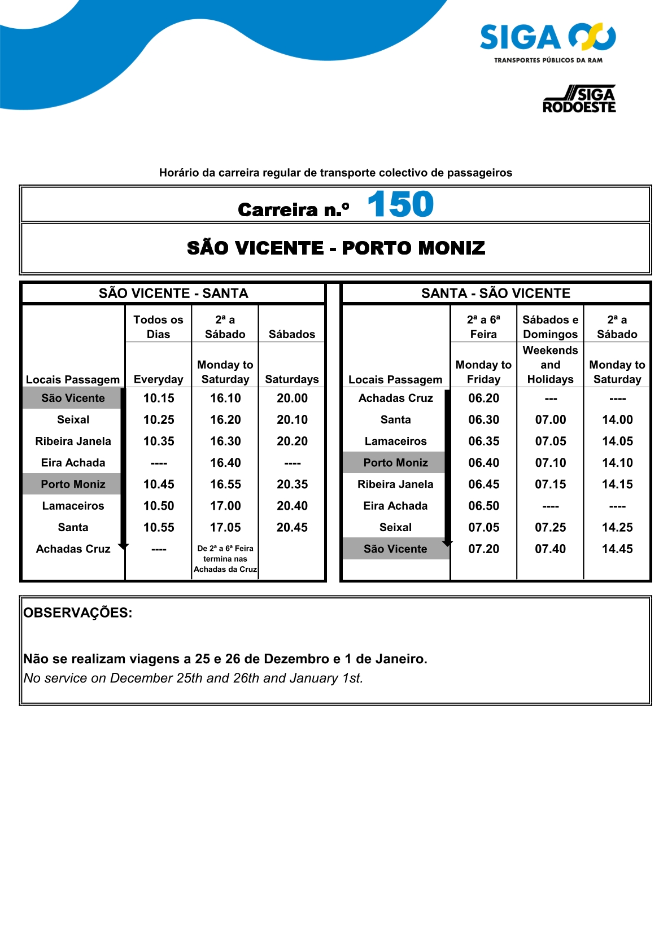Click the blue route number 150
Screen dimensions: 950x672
(400, 204)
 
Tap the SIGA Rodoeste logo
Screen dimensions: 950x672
(579, 99)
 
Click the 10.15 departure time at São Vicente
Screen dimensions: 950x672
(159, 398)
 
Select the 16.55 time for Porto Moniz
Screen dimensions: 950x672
(225, 484)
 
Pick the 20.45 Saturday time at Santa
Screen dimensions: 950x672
(292, 527)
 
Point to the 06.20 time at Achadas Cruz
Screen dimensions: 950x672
(484, 398)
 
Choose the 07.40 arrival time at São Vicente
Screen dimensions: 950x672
(551, 549)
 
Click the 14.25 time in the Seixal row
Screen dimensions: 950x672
(617, 527)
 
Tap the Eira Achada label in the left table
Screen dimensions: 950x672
(73, 463)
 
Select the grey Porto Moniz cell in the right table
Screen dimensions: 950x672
(395, 463)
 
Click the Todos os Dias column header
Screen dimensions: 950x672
(159, 327)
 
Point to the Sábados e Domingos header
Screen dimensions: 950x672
(551, 327)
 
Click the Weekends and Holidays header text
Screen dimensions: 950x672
(551, 365)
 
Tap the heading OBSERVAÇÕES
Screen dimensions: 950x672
(78, 613)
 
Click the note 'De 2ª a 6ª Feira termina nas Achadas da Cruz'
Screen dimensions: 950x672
(225, 559)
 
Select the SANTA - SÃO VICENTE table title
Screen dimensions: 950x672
(496, 294)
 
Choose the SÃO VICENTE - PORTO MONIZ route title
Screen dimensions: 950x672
(336, 248)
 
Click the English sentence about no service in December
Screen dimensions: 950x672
(193, 678)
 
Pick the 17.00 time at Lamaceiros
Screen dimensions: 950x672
(225, 506)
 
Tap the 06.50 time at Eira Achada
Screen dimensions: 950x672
(484, 506)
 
